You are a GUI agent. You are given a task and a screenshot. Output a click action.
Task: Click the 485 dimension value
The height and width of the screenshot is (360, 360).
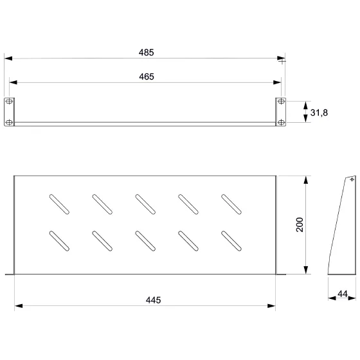(x=147, y=53)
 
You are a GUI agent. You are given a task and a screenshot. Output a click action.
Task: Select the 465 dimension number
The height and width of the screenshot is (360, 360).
(x=147, y=76)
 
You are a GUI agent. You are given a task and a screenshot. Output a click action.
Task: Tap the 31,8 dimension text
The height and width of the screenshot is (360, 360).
(x=319, y=113)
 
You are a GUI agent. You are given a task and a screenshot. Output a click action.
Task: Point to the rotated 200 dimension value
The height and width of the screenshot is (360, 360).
(x=300, y=225)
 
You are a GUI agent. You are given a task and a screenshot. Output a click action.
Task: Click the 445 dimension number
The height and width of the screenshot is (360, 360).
(x=154, y=300)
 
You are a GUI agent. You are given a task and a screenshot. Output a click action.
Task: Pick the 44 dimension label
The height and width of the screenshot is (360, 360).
(x=343, y=294)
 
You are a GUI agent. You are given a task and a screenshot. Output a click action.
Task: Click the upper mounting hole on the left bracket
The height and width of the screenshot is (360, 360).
(x=9, y=102)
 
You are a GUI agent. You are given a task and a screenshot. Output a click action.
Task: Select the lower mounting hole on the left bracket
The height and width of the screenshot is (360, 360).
(x=9, y=122)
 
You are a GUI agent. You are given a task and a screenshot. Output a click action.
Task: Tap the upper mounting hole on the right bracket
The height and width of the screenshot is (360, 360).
(x=282, y=102)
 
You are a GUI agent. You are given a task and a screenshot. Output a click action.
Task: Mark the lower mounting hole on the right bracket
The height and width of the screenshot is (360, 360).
(x=282, y=122)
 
